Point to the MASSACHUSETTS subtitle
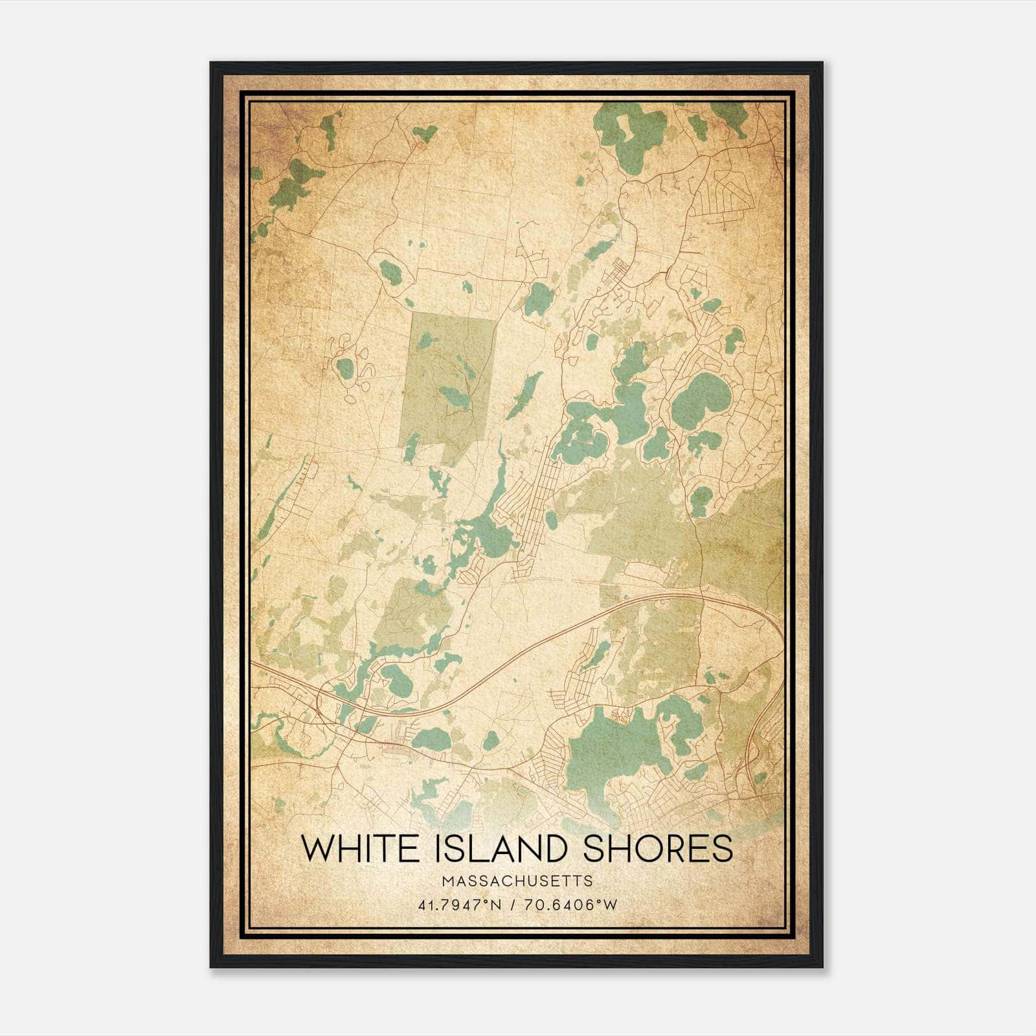click(x=517, y=881)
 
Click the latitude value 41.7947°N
click(x=459, y=905)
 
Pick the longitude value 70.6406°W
click(x=572, y=905)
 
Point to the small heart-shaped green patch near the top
click(x=424, y=133)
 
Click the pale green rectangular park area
click(x=450, y=382)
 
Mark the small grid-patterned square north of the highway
click(x=609, y=594)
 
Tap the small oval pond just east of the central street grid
click(x=551, y=519)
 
